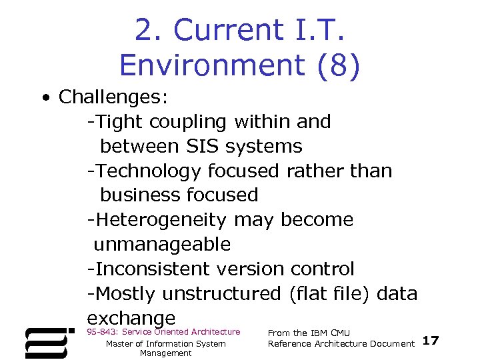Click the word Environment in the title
point(205,65)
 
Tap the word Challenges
point(113,97)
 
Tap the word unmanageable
point(162,245)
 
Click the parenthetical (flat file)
point(331,293)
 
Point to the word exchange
point(131,318)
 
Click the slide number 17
point(431,341)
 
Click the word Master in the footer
point(121,344)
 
